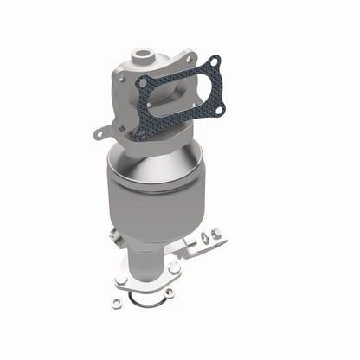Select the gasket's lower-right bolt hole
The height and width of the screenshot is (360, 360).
[217, 111]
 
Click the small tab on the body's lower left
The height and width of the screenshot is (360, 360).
[113, 235]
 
